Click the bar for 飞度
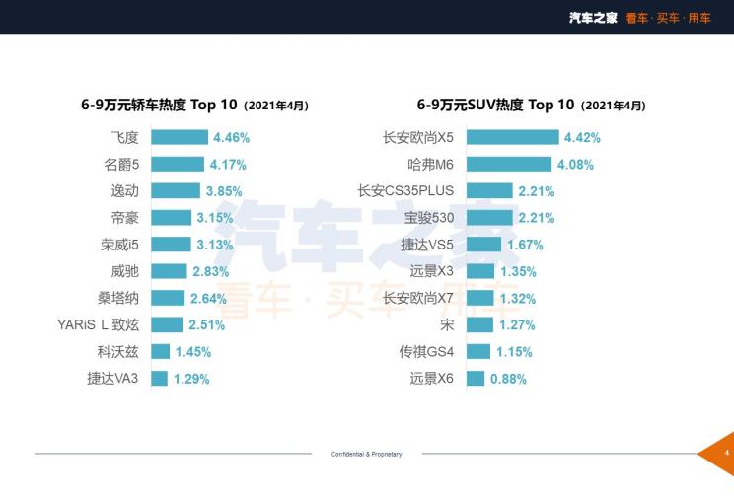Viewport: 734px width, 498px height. click(179, 138)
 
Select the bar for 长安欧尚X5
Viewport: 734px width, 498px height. click(511, 138)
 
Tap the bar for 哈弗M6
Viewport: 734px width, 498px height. click(508, 165)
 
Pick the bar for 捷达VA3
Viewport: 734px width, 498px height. click(159, 378)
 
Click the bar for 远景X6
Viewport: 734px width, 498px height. click(475, 378)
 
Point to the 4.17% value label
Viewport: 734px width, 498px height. click(227, 165)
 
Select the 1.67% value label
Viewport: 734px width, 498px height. click(526, 245)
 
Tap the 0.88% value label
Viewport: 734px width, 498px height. click(508, 378)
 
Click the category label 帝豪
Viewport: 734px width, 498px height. click(125, 218)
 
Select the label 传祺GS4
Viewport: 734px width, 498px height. click(426, 351)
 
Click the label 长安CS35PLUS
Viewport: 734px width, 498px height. click(406, 191)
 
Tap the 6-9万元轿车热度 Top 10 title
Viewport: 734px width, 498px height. click(194, 105)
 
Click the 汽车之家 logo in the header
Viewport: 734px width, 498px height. click(593, 18)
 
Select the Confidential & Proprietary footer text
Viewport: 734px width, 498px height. click(366, 454)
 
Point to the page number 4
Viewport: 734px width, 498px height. click(726, 453)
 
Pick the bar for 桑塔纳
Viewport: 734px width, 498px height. click(168, 298)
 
